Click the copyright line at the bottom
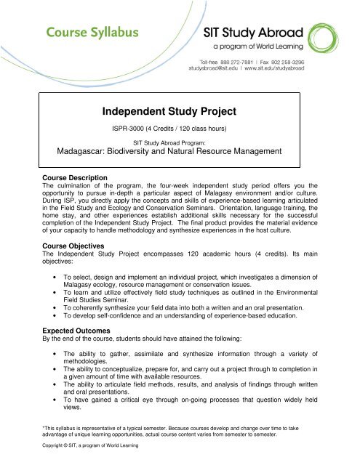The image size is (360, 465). [x=81, y=456]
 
